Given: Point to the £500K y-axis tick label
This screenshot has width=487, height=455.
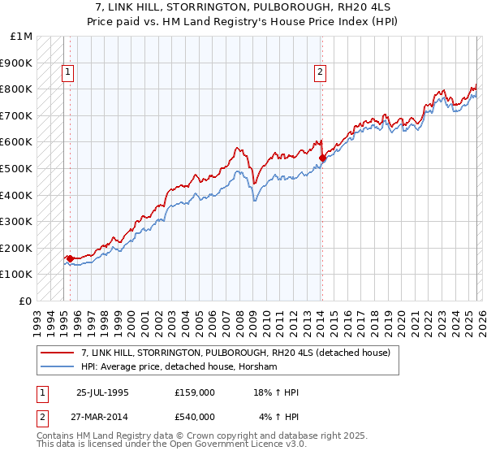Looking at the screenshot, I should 17,168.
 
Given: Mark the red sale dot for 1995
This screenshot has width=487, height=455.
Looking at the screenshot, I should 71,258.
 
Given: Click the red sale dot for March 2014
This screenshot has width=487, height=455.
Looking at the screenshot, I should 322,158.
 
